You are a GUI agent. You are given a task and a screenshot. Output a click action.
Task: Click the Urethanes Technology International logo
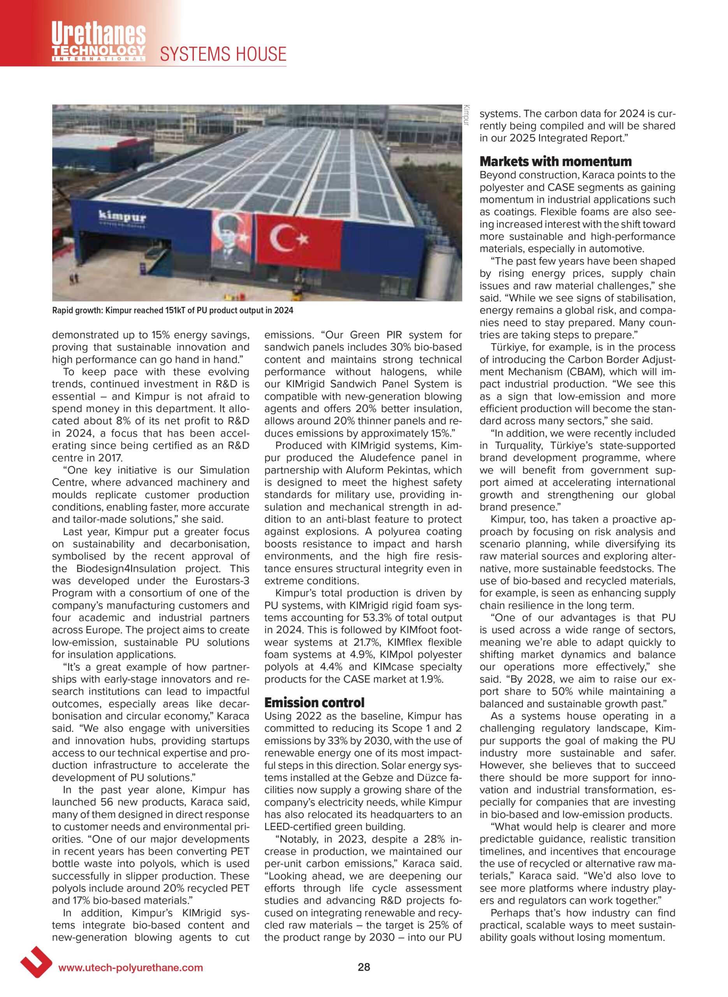pos(99,41)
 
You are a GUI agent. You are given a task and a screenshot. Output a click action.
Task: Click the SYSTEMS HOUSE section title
pos(223,54)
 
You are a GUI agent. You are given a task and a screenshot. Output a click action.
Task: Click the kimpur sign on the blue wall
pos(122,217)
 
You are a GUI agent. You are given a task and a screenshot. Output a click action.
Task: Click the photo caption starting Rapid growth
pos(172,310)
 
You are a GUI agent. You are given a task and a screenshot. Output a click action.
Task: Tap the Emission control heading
pos(314,702)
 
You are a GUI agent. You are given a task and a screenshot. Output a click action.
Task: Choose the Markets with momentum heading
pos(555,161)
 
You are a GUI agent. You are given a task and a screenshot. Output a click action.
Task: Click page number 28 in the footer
pos(364,967)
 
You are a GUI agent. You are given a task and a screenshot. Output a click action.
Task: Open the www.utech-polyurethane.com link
pos(131,967)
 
